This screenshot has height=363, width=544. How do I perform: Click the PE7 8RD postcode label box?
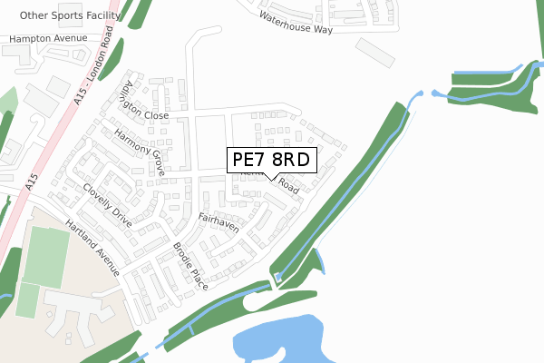(x=271, y=160)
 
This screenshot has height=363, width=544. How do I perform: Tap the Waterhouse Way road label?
(x=296, y=23)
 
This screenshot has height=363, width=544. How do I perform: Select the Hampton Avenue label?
(x=49, y=38)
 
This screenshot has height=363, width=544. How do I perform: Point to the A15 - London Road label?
(x=92, y=69)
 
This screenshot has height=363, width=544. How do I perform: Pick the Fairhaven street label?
(x=219, y=222)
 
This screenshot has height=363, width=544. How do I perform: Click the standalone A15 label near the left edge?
(x=31, y=182)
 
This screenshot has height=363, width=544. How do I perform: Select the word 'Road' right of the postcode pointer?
(x=288, y=185)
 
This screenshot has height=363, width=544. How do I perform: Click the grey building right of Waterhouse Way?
(x=375, y=51)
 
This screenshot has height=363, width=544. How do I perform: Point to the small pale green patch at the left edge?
(x=8, y=101)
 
